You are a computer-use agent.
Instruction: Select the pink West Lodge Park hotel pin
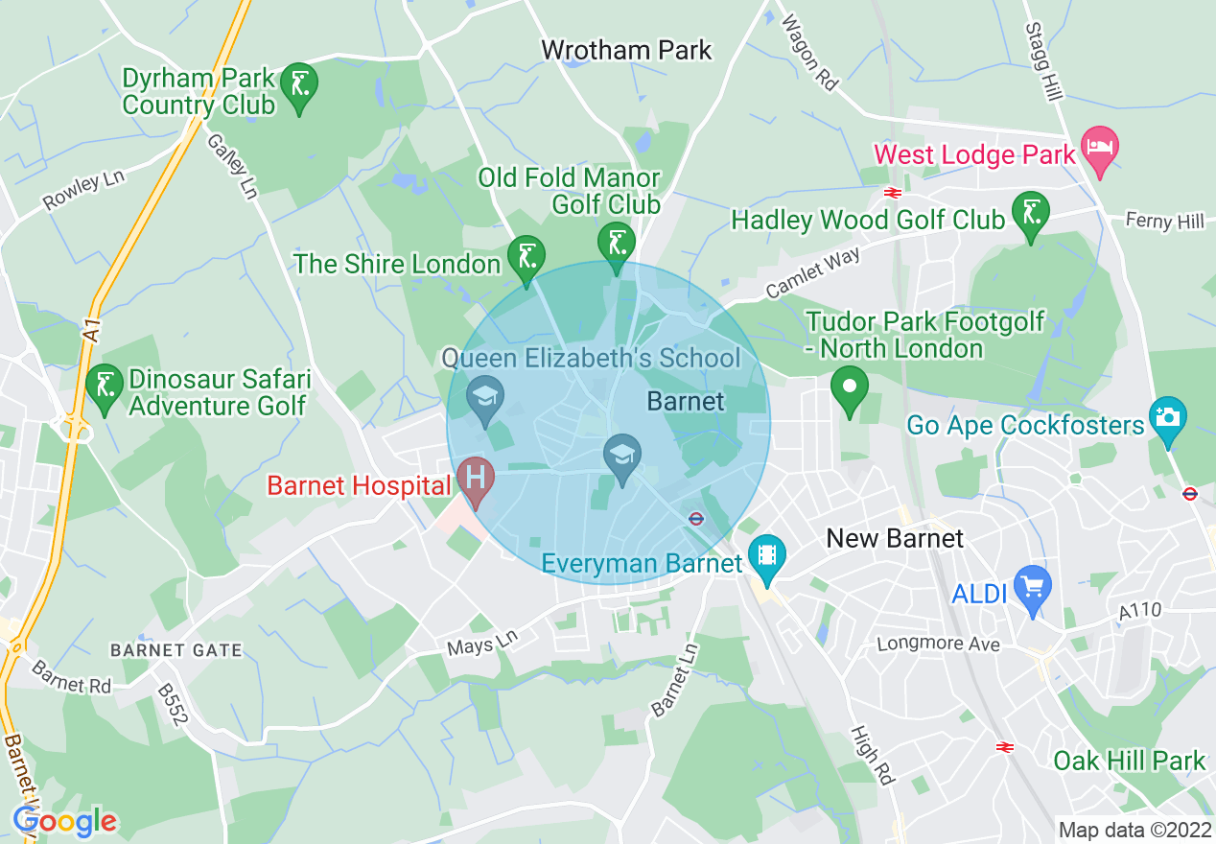tap(1099, 149)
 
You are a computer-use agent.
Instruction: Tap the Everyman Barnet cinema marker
tap(768, 557)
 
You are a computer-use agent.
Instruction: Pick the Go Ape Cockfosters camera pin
tap(1167, 419)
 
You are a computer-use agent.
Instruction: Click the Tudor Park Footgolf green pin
tap(849, 387)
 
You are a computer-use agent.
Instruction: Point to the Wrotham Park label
tap(626, 50)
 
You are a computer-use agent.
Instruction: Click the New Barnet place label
tap(895, 539)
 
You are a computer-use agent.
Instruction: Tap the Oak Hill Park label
tap(1129, 761)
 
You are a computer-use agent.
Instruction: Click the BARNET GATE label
tap(176, 650)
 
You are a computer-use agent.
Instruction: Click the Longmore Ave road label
tap(938, 644)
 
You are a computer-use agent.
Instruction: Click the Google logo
tap(65, 821)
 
